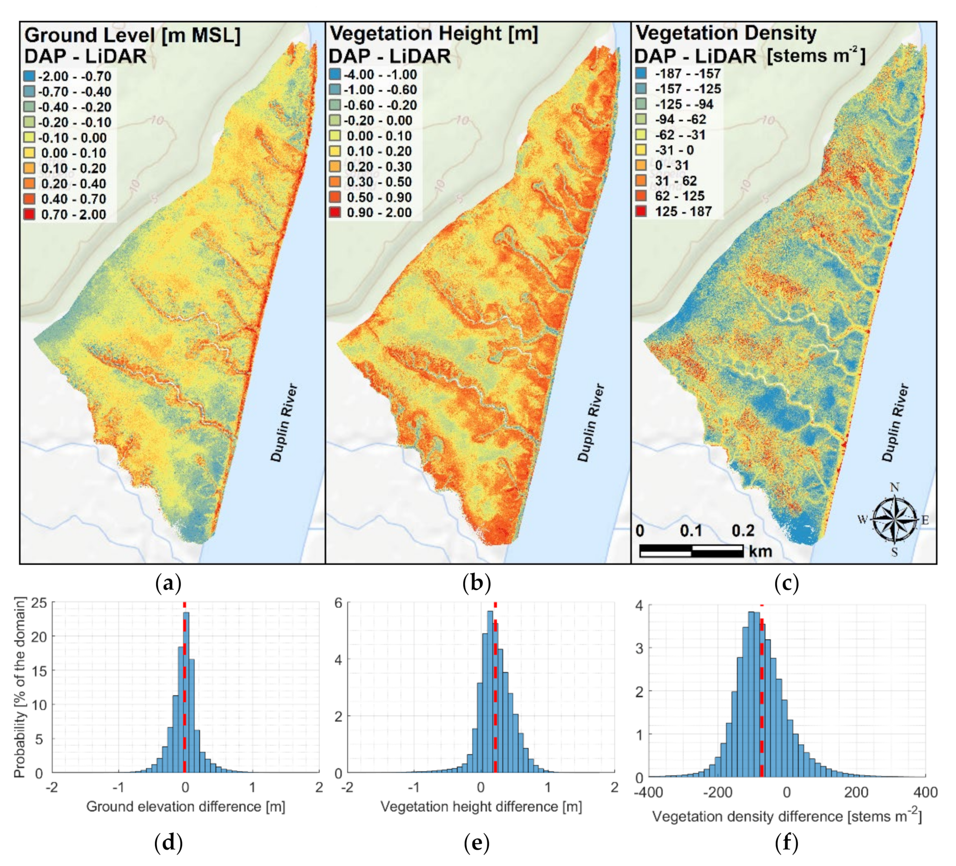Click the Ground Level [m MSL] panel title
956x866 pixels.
(132, 35)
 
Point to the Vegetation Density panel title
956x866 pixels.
(726, 33)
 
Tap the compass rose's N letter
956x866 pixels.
(894, 487)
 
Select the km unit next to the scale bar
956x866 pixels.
(760, 551)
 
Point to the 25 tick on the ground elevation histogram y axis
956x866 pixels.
(39, 603)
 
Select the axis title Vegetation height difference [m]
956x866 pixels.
(481, 807)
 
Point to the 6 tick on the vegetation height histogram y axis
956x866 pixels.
(338, 603)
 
